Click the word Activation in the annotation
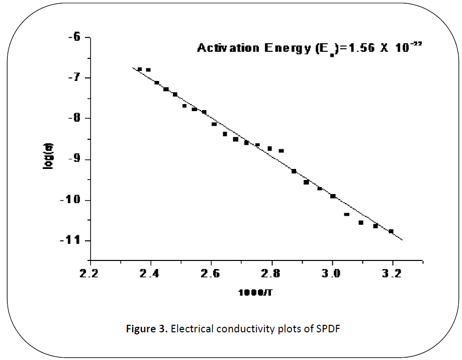coord(225,48)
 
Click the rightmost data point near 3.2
coord(391,231)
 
